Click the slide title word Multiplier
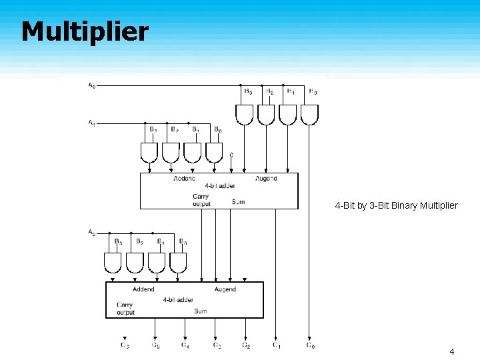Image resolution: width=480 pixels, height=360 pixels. (85, 31)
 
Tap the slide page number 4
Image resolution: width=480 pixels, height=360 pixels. (451, 351)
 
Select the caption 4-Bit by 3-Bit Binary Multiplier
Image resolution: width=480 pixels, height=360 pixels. (396, 205)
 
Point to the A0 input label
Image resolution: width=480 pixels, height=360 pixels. (91, 85)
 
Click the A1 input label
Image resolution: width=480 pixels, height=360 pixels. (91, 123)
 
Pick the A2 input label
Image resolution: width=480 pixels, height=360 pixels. (91, 232)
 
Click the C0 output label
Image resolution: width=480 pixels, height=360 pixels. (310, 345)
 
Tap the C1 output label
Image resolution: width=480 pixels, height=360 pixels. (276, 345)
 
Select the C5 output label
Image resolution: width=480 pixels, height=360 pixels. (155, 345)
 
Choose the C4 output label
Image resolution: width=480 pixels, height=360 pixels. (185, 345)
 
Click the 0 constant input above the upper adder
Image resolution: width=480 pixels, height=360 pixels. (231, 155)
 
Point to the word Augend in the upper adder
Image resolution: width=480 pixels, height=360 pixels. (266, 179)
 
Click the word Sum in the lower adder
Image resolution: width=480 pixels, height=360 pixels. (200, 311)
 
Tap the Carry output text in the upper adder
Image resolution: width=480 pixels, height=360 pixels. (201, 200)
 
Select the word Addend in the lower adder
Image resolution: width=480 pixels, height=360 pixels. (143, 289)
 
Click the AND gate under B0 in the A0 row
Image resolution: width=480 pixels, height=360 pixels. (309, 115)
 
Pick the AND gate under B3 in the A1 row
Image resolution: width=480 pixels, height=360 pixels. (149, 153)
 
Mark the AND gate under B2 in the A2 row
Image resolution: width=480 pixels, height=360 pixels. (135, 263)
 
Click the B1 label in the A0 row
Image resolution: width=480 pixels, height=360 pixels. (291, 91)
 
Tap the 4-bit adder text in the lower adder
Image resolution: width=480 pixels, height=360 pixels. (178, 300)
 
